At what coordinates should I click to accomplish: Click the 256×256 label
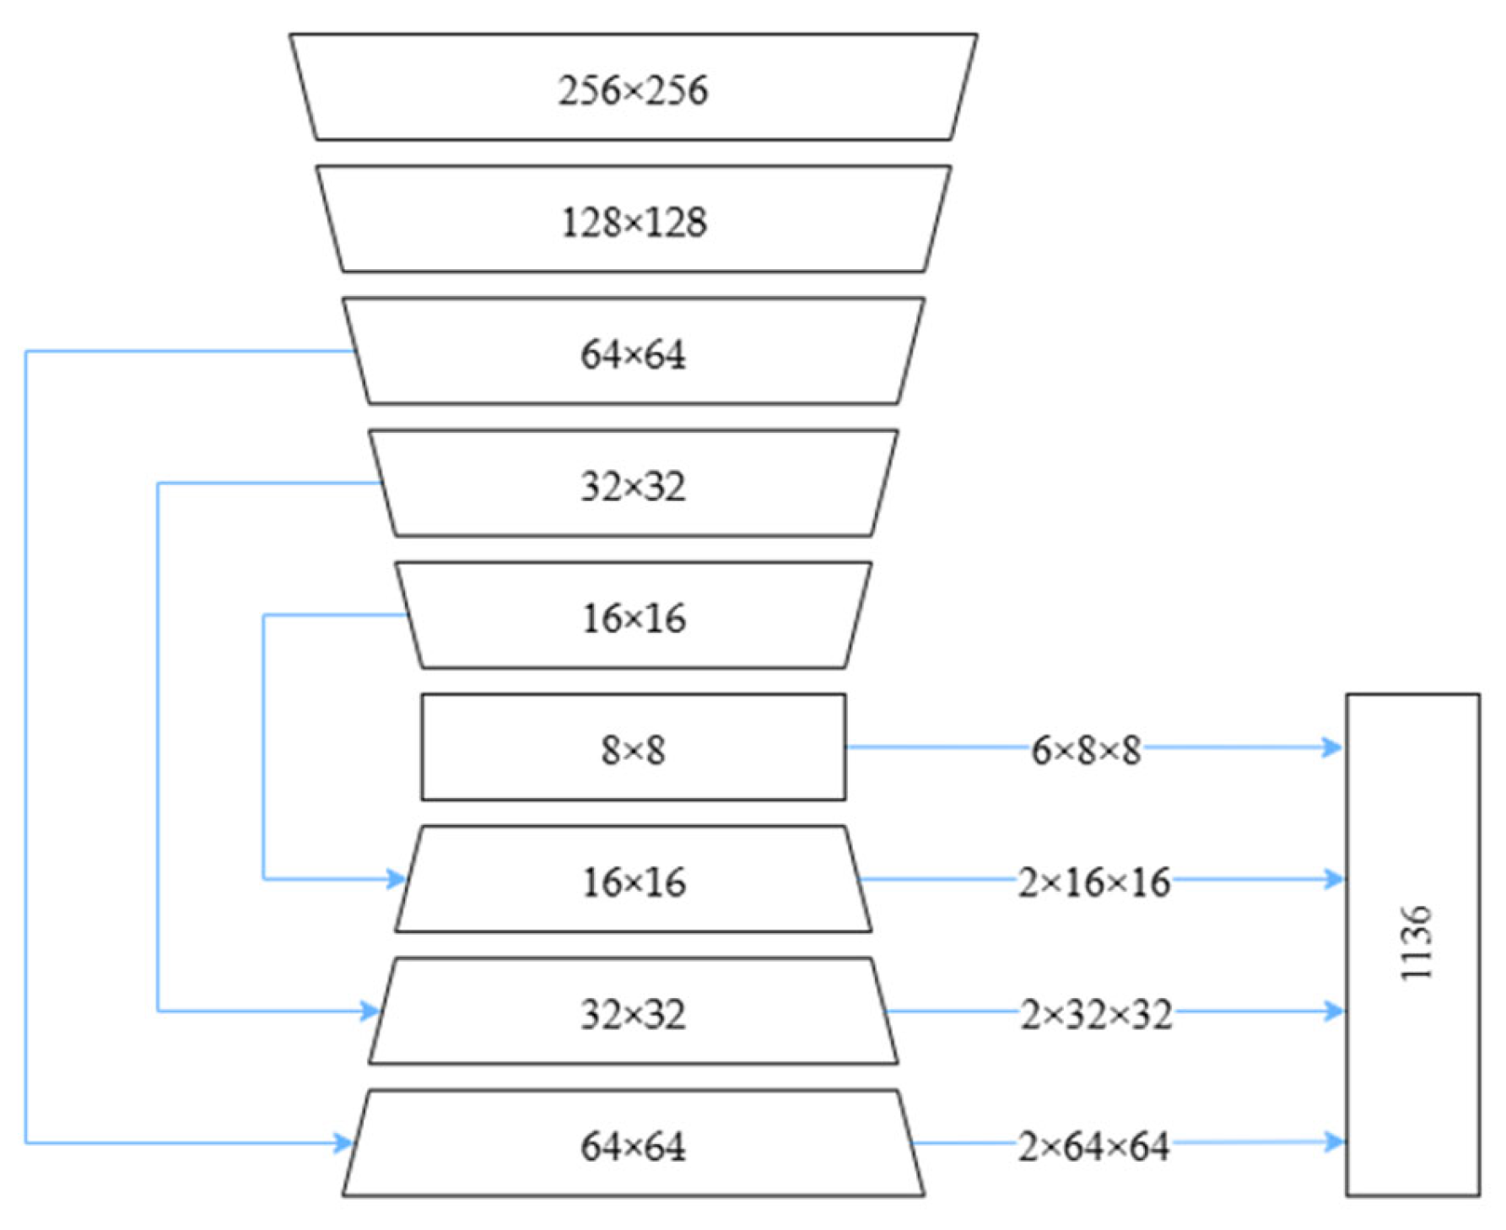[633, 90]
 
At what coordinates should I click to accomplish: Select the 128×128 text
[634, 223]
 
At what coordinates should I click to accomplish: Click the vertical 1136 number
[1416, 943]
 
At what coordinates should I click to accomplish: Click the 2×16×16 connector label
[1094, 882]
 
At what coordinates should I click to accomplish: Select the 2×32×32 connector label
[1096, 1014]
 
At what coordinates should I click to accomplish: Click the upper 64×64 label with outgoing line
[633, 354]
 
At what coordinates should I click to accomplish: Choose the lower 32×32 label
[633, 1014]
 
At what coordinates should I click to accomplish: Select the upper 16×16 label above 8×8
[634, 618]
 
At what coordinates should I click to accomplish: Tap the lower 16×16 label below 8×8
[634, 882]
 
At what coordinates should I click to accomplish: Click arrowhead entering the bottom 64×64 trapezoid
[343, 1143]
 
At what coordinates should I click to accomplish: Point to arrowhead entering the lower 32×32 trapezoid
[370, 1011]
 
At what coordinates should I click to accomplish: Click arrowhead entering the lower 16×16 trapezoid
[397, 879]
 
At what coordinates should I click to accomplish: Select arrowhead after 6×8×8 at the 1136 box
[1333, 747]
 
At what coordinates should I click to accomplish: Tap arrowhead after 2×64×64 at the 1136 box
[1336, 1142]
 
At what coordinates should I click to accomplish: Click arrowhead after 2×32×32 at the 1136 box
[1336, 1011]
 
